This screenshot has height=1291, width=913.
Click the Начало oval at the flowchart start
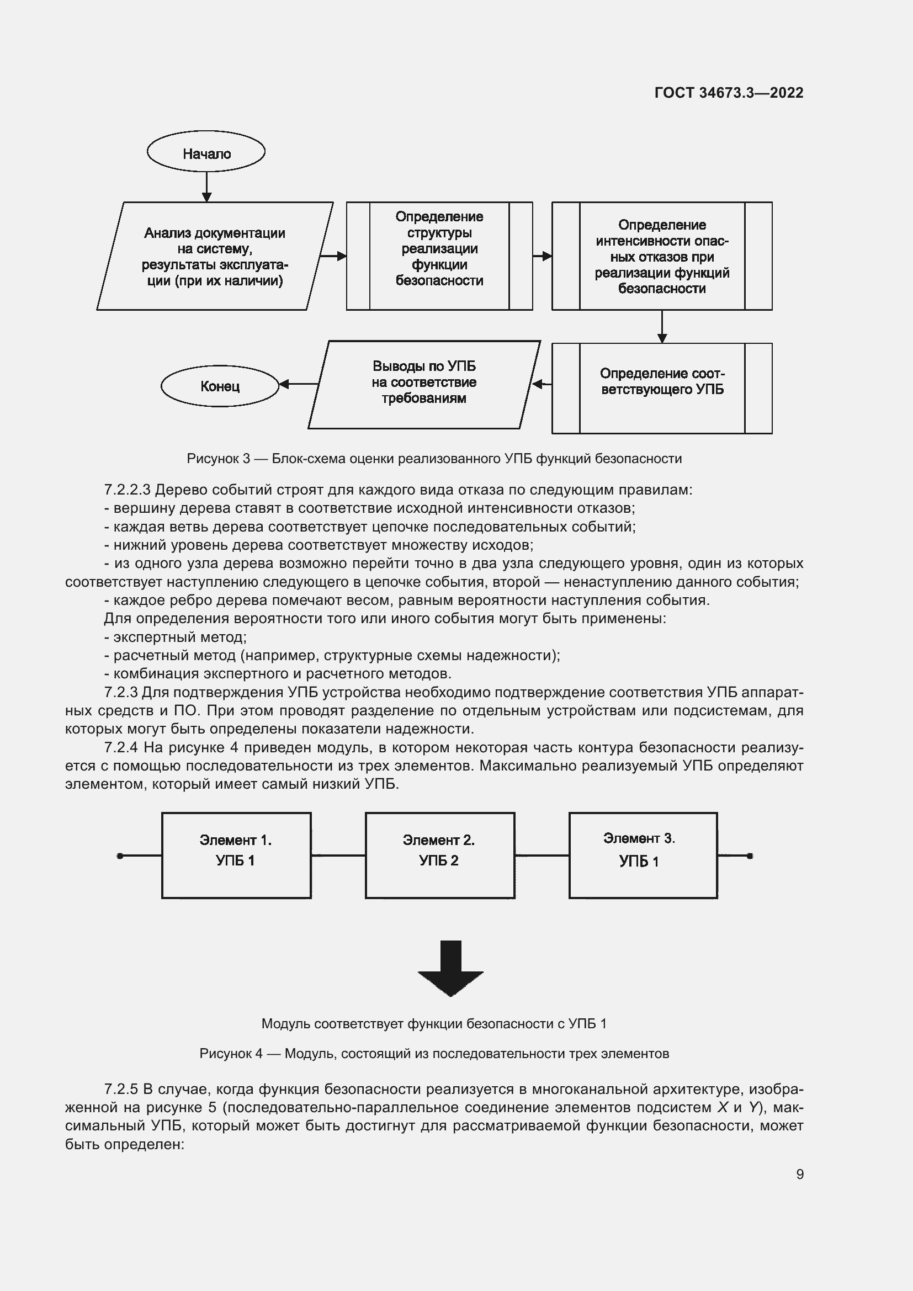(206, 152)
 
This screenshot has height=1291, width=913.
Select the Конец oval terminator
(220, 386)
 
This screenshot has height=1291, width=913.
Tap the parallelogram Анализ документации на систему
(214, 257)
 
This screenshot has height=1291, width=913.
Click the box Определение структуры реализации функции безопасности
(439, 256)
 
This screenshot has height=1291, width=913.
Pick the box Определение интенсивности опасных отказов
(662, 256)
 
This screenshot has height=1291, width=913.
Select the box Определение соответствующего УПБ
(662, 388)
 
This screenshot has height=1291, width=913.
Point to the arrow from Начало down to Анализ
(206, 186)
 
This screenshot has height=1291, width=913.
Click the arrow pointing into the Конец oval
(298, 384)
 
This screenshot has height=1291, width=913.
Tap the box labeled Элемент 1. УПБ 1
(236, 855)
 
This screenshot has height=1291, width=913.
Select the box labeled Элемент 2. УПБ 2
(439, 855)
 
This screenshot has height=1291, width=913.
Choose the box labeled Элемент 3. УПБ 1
(643, 855)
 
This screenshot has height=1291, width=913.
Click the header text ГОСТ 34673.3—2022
(729, 93)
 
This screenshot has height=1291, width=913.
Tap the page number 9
(799, 1174)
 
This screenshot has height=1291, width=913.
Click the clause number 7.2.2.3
(127, 490)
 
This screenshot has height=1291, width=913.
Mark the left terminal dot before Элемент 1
(120, 856)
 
